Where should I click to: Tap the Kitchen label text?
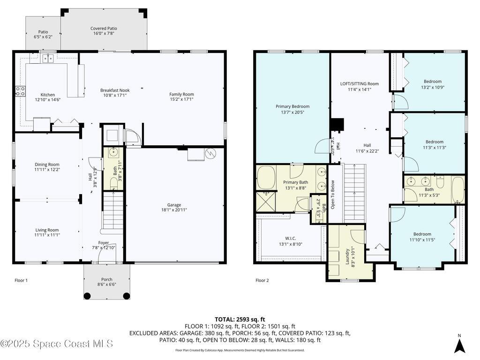click(47, 97)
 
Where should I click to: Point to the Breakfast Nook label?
click(115, 93)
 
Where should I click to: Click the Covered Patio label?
click(104, 31)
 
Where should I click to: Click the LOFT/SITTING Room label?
click(359, 86)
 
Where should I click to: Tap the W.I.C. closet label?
click(290, 241)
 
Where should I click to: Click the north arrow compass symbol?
click(460, 345)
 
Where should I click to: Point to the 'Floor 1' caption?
click(21, 280)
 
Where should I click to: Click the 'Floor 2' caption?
click(262, 280)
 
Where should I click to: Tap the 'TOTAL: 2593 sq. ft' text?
click(240, 319)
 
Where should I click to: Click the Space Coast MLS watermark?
click(57, 344)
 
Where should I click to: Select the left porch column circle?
click(87, 296)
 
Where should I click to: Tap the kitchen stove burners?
click(21, 91)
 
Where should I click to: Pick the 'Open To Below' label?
click(333, 195)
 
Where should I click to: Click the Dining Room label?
click(47, 167)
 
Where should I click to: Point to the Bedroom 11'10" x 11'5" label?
click(422, 237)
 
